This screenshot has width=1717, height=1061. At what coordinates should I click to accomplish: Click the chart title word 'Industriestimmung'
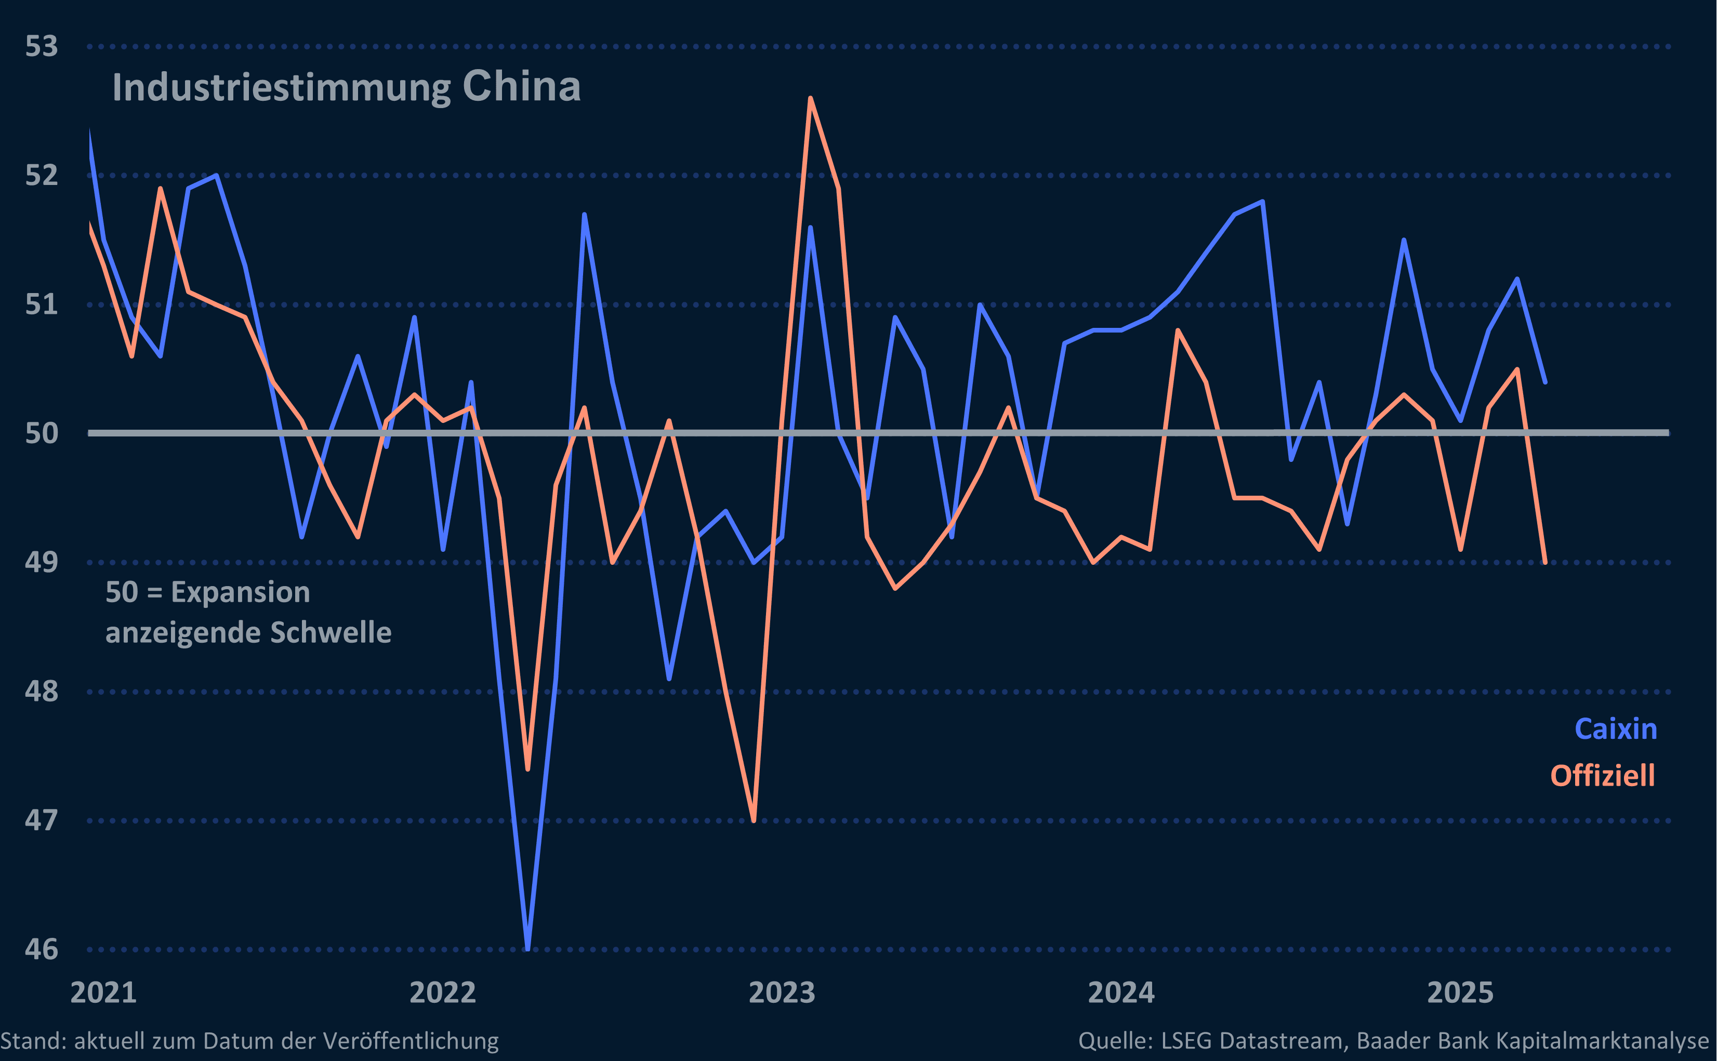(x=281, y=88)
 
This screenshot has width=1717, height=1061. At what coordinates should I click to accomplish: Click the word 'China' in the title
(x=521, y=86)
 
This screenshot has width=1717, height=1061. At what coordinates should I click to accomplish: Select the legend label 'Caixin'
(x=1615, y=729)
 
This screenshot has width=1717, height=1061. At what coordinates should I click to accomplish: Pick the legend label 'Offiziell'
(x=1602, y=776)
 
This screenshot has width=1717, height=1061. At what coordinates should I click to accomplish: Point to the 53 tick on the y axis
(x=42, y=46)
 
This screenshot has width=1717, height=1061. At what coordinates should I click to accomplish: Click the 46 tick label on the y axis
(x=42, y=949)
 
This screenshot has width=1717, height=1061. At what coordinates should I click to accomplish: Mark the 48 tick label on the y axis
(x=42, y=691)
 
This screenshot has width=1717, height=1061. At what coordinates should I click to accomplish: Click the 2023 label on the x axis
(x=782, y=992)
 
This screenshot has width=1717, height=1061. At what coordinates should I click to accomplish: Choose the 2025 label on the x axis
(x=1460, y=992)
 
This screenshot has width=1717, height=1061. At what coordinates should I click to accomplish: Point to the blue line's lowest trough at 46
(x=527, y=948)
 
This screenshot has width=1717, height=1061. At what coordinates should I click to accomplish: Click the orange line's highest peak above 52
(x=811, y=99)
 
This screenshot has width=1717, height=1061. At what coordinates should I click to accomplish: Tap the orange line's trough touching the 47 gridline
(x=754, y=819)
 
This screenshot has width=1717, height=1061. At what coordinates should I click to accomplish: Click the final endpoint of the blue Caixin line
(x=1545, y=382)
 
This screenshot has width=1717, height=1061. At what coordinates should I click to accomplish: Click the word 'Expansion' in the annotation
(x=240, y=592)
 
